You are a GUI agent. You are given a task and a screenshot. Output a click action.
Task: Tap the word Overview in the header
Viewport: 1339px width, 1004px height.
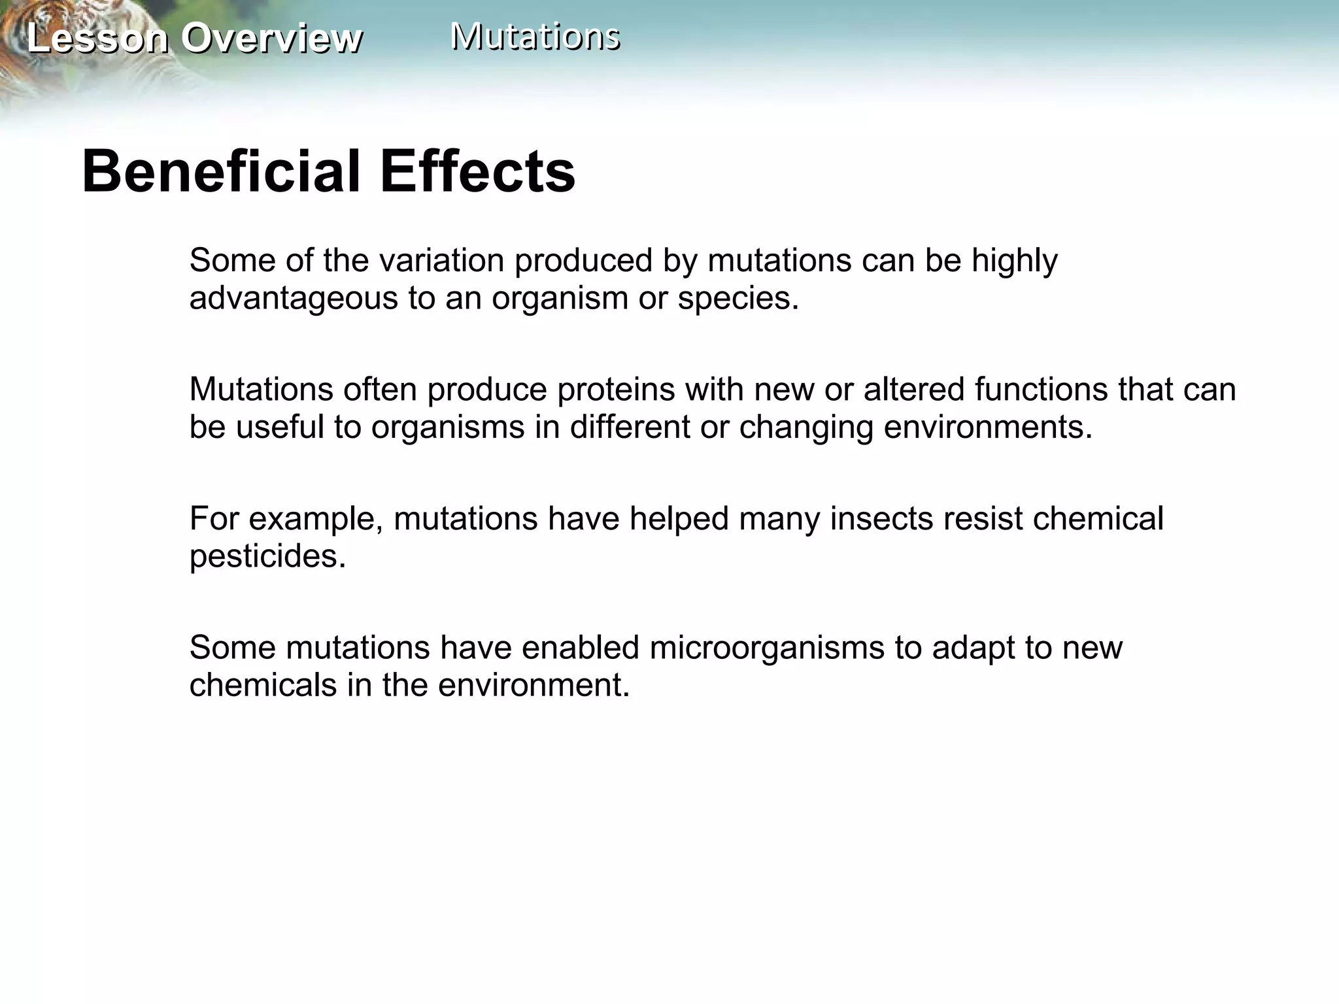point(271,38)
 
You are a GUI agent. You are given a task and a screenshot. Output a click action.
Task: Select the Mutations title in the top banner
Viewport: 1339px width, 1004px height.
point(535,36)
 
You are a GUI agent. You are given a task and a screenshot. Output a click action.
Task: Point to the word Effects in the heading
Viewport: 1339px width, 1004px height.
point(477,171)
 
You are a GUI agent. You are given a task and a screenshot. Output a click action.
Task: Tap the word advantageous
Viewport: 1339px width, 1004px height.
point(294,299)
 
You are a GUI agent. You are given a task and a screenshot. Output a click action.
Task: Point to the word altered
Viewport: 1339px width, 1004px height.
point(914,390)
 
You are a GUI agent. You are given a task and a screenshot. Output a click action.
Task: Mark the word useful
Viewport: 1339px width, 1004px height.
point(280,427)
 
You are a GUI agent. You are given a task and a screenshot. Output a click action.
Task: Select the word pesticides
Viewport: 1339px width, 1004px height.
point(267,556)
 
